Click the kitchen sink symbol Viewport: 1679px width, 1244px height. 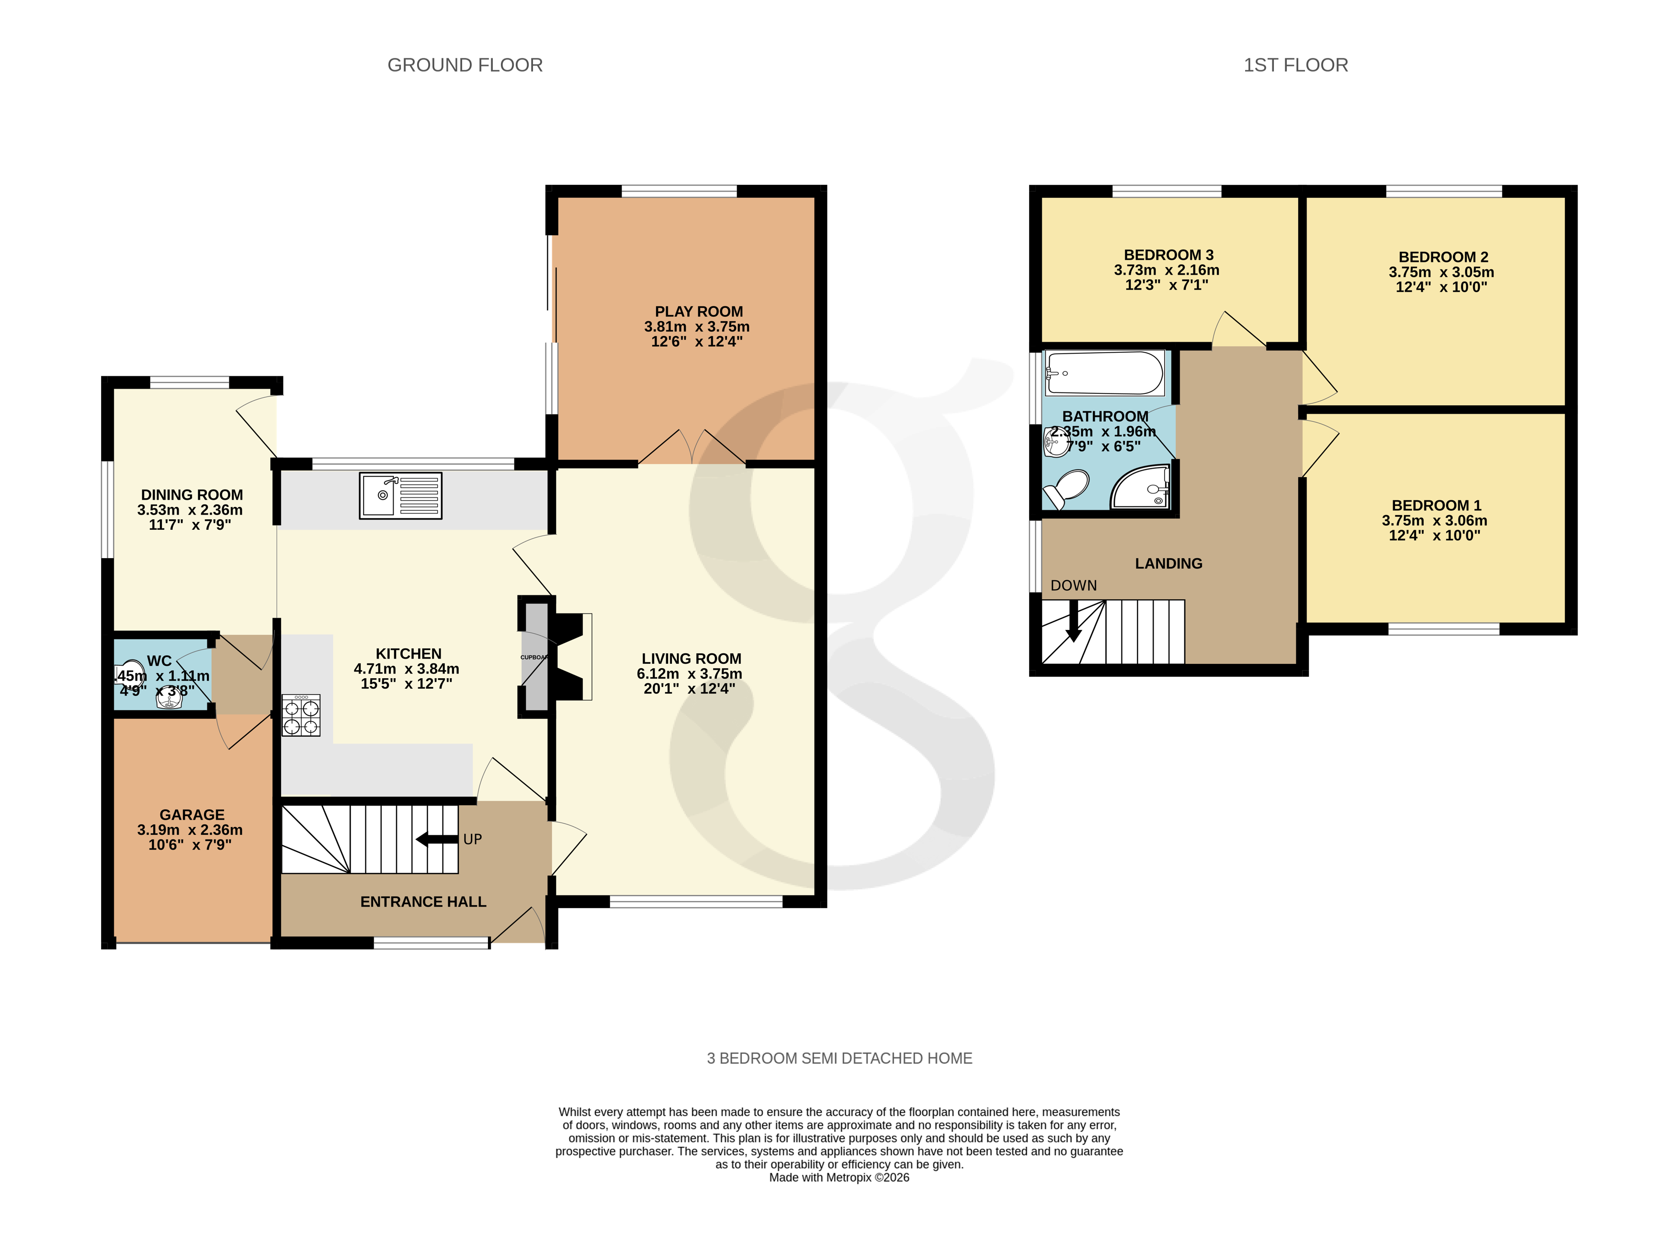point(400,495)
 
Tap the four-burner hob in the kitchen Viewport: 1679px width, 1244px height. point(301,715)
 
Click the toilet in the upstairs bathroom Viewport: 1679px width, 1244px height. point(1067,488)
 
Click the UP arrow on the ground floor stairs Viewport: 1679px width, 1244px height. point(437,839)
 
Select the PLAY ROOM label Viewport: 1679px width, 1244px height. point(698,312)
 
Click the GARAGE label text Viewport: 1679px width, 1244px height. point(192,815)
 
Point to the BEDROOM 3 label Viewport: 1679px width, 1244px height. point(1168,255)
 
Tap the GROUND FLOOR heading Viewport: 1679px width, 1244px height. point(465,66)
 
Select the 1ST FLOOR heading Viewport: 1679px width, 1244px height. point(1295,66)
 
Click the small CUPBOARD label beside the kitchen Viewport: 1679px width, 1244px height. point(534,657)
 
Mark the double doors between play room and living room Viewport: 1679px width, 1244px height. point(692,449)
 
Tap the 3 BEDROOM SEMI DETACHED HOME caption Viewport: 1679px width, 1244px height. point(839,1058)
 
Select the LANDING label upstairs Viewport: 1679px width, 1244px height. point(1168,563)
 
